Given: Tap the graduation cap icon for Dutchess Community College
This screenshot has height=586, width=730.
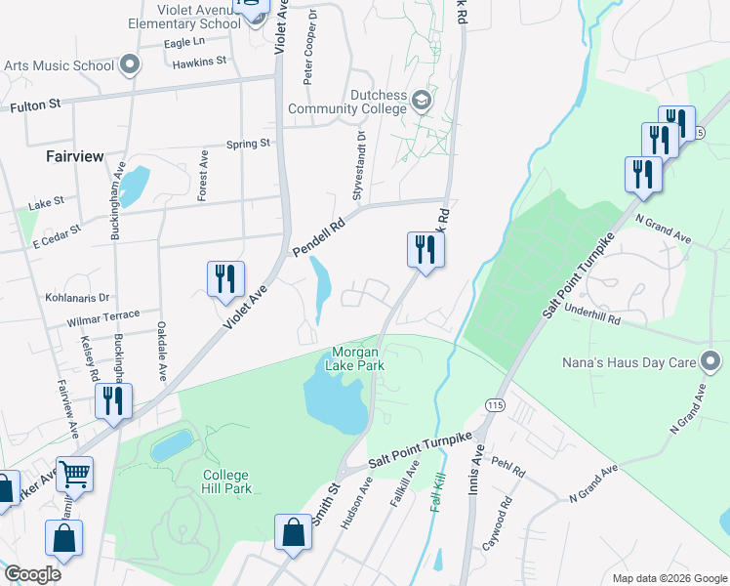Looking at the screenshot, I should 421,100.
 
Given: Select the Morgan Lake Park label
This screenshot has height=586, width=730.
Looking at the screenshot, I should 358,358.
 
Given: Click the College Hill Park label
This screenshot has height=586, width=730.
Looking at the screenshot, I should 226,481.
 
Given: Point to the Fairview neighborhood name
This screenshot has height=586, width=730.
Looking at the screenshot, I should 74,156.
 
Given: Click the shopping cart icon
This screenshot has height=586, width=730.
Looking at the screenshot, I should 74,475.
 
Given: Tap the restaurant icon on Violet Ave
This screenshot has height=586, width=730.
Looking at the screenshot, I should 225,278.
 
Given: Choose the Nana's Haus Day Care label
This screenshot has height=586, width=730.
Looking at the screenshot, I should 628,363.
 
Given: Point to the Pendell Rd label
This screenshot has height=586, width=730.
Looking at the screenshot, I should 320,239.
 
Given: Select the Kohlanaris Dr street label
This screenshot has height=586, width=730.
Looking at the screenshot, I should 78,296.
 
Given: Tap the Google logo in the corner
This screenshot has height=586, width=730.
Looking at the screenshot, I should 32,573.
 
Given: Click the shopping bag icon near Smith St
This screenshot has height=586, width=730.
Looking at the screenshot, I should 294,532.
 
